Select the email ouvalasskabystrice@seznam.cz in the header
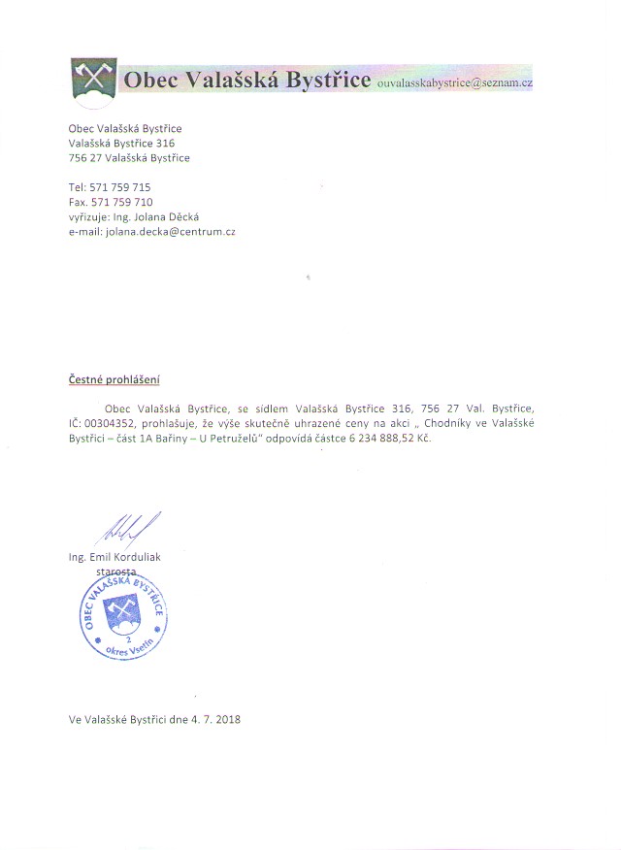click(455, 83)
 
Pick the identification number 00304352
click(111, 424)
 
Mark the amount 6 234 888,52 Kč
click(387, 440)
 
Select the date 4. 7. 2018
click(214, 720)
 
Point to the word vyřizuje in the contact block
click(89, 217)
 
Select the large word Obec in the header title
click(152, 80)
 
